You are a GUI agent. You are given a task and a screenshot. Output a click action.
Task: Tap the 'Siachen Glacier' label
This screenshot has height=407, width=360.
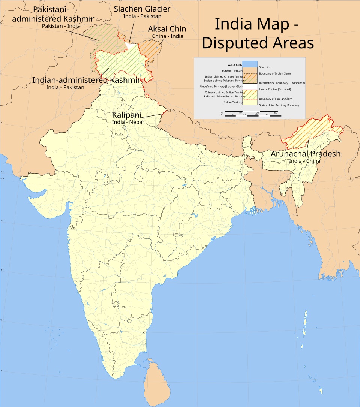coord(142,9)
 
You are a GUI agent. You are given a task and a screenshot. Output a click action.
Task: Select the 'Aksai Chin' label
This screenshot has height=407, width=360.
coord(167,29)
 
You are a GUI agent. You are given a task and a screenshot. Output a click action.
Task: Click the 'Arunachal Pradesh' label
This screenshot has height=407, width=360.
coord(306,154)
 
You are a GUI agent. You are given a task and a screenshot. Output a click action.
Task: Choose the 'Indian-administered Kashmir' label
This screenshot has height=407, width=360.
coord(86,80)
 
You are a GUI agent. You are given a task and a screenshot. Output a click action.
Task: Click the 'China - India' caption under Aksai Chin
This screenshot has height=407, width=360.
coord(168,36)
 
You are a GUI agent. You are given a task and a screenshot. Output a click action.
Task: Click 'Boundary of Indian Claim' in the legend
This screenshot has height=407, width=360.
coord(275,73)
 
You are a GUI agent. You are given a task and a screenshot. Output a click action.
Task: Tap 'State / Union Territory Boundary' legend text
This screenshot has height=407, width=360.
coord(279,105)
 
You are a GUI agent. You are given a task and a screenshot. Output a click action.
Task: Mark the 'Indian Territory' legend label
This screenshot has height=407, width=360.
coord(233,102)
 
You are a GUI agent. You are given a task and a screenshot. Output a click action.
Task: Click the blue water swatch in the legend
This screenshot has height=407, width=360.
coord(250,64)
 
